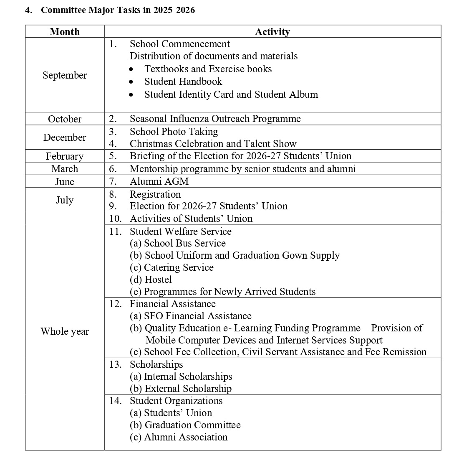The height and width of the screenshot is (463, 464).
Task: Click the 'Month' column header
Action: (x=65, y=32)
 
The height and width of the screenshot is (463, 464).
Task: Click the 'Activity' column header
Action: (x=272, y=32)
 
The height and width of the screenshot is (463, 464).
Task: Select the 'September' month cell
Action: (x=65, y=75)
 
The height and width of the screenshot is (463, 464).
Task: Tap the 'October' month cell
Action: (x=65, y=119)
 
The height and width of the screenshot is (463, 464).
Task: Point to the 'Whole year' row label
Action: (x=65, y=331)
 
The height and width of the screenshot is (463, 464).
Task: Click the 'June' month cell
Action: (x=65, y=182)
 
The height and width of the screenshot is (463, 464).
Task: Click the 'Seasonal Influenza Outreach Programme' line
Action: (x=215, y=119)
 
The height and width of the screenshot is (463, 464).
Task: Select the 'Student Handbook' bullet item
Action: (x=183, y=81)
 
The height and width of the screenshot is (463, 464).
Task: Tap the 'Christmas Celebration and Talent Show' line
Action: (x=213, y=144)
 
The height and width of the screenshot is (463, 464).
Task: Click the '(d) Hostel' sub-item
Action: (x=151, y=280)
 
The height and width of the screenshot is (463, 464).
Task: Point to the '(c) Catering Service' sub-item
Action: (x=171, y=267)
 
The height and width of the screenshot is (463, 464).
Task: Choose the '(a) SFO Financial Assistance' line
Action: (x=191, y=316)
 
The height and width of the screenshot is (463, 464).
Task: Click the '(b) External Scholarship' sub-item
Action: (x=181, y=389)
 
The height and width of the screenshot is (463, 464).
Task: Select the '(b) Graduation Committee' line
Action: (x=185, y=425)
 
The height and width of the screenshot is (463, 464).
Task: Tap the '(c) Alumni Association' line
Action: (x=179, y=437)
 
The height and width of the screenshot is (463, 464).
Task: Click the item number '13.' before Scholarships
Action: (x=116, y=364)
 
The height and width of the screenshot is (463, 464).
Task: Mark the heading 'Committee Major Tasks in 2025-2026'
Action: (x=118, y=10)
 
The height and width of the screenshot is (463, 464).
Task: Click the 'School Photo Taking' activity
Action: (x=174, y=132)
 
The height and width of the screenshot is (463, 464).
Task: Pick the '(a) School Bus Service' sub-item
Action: (x=178, y=243)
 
